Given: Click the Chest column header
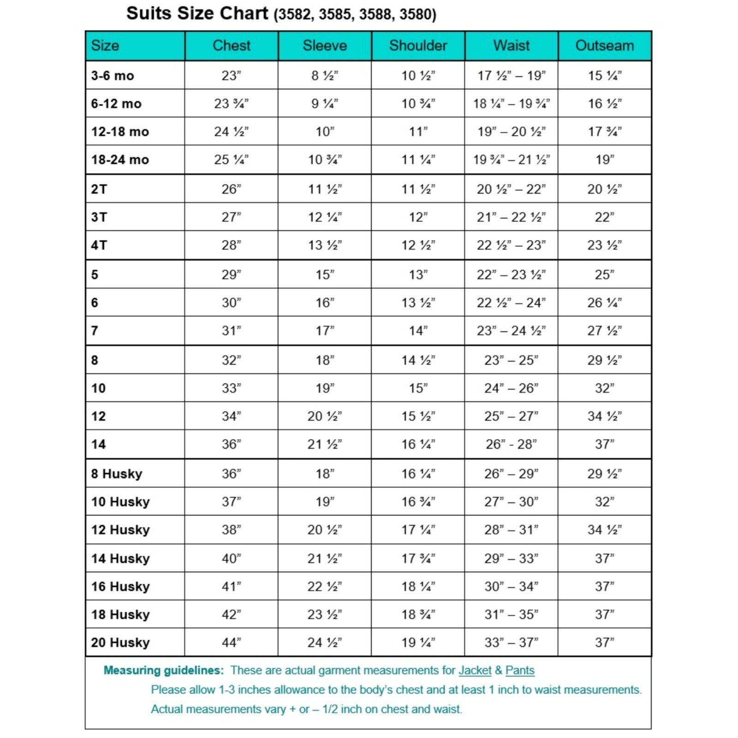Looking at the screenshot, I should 231,46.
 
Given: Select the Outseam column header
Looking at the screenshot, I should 604,46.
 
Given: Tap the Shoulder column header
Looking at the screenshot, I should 418,46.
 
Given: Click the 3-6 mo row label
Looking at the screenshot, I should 113,76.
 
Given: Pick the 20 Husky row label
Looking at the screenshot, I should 120,643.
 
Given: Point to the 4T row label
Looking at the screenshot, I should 99,245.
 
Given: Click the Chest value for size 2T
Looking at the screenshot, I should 231,189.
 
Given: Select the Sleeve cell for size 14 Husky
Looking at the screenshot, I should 325,559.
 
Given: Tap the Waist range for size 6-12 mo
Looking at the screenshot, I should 511,104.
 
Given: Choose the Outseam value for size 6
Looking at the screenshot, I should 604,303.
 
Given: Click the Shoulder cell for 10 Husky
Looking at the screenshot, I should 418,502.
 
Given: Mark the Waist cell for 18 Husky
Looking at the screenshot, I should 511,614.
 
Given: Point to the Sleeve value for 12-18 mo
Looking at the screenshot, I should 325,132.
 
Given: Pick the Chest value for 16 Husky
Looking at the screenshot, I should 231,587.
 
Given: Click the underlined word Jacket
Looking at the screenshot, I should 475,670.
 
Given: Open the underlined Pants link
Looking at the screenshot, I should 520,670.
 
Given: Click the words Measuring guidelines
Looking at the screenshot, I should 163,670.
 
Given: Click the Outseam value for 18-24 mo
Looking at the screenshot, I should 604,160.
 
